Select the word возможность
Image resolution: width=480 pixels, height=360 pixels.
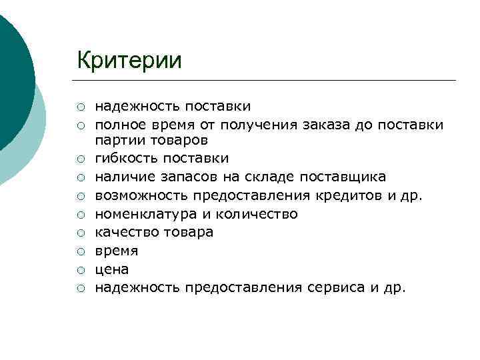(x=140, y=195)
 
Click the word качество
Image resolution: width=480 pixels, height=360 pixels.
(x=125, y=233)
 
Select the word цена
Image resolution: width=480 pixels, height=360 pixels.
(x=111, y=270)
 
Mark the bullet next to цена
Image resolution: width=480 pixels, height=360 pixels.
(x=80, y=270)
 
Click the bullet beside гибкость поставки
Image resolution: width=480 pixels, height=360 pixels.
(x=80, y=159)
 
